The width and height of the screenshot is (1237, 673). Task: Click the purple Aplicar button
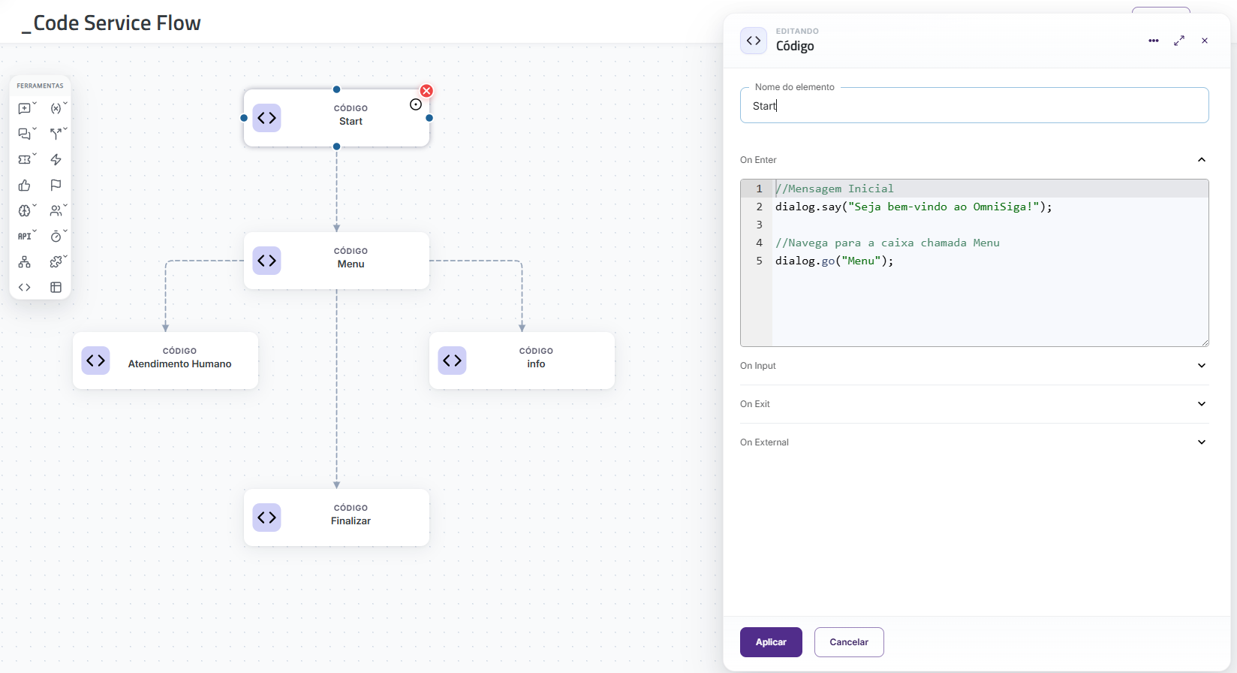coord(770,641)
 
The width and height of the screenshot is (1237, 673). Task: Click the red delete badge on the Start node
coord(426,91)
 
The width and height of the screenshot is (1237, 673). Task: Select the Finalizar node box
coord(336,518)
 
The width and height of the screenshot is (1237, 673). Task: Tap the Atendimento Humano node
coord(165,361)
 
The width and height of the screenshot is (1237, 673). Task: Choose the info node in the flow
coord(522,361)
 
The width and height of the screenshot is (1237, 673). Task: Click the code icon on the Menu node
coord(266,260)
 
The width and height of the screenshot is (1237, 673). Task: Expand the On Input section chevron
coord(1201,365)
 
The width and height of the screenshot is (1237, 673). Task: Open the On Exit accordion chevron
coord(1201,403)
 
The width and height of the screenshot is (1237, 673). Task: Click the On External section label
coord(764,442)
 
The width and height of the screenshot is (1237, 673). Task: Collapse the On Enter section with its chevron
coord(1201,160)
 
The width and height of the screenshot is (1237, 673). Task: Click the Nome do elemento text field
coord(974,106)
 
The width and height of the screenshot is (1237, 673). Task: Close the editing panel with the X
coord(1205,41)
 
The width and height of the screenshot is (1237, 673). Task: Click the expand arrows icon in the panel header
coord(1179,41)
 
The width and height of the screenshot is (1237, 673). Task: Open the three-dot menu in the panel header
coord(1153,41)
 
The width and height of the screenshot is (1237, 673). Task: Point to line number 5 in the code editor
coord(760,261)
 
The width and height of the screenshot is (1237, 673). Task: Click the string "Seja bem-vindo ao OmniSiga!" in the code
coord(944,207)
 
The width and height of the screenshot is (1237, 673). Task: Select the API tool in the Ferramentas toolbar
coord(26,236)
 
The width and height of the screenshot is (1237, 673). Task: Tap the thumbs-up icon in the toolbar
coord(24,185)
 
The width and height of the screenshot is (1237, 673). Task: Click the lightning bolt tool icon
coord(56,160)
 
